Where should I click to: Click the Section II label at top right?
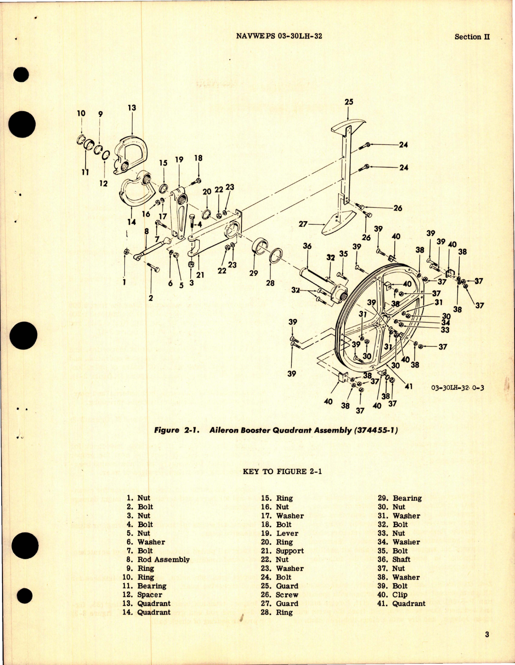click(x=472, y=37)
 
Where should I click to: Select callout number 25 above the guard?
click(x=349, y=102)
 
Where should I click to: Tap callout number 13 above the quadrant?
click(x=132, y=108)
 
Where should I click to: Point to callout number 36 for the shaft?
click(x=307, y=246)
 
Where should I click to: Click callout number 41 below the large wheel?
click(x=408, y=386)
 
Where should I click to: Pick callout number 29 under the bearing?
click(x=253, y=273)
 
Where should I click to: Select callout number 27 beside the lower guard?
click(x=303, y=224)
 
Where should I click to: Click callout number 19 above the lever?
click(x=179, y=159)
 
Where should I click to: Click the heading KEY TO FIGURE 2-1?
click(x=282, y=471)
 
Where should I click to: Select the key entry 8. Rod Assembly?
click(x=158, y=560)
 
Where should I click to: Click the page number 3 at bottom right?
click(x=487, y=634)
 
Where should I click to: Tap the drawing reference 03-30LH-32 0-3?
click(x=457, y=388)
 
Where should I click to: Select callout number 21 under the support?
click(x=200, y=275)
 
